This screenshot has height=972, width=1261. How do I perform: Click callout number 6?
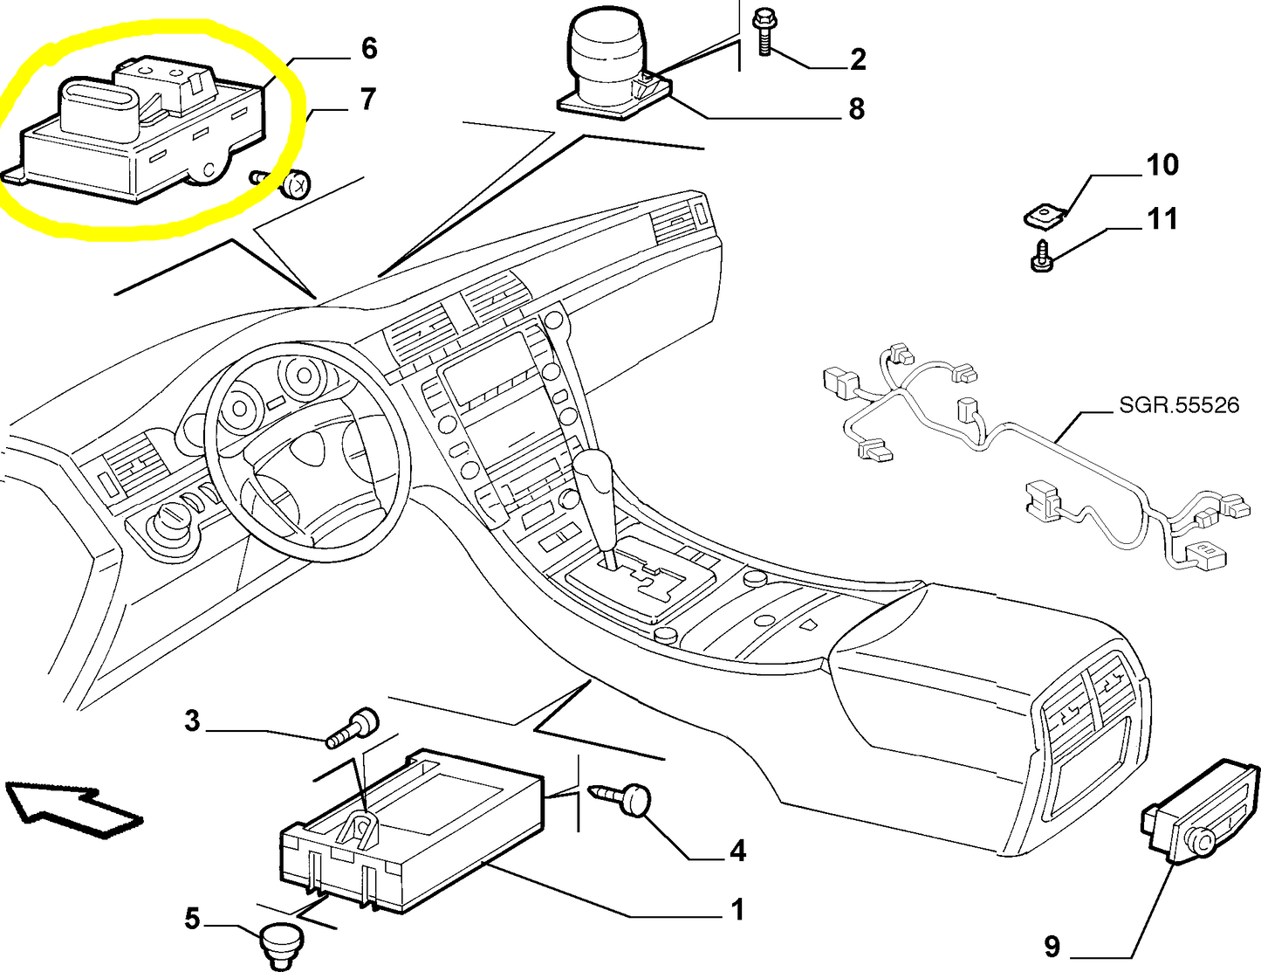pos(368,48)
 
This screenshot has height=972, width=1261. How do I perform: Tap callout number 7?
pos(367,100)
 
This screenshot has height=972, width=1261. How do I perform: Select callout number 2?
pos(858,59)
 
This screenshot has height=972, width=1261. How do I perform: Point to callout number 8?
pos(856,109)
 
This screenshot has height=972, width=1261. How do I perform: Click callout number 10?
pos(1162,165)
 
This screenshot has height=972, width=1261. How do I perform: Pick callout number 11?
pos(1162,218)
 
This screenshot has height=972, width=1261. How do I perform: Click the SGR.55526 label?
pos(1179,405)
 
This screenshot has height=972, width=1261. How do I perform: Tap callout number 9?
pos(1052,946)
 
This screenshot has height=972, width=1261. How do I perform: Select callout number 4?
pos(737,851)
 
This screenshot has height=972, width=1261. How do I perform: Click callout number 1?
pos(737,910)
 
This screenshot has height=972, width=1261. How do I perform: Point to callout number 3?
pos(192,721)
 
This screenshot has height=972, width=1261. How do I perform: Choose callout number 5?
pos(192,919)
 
